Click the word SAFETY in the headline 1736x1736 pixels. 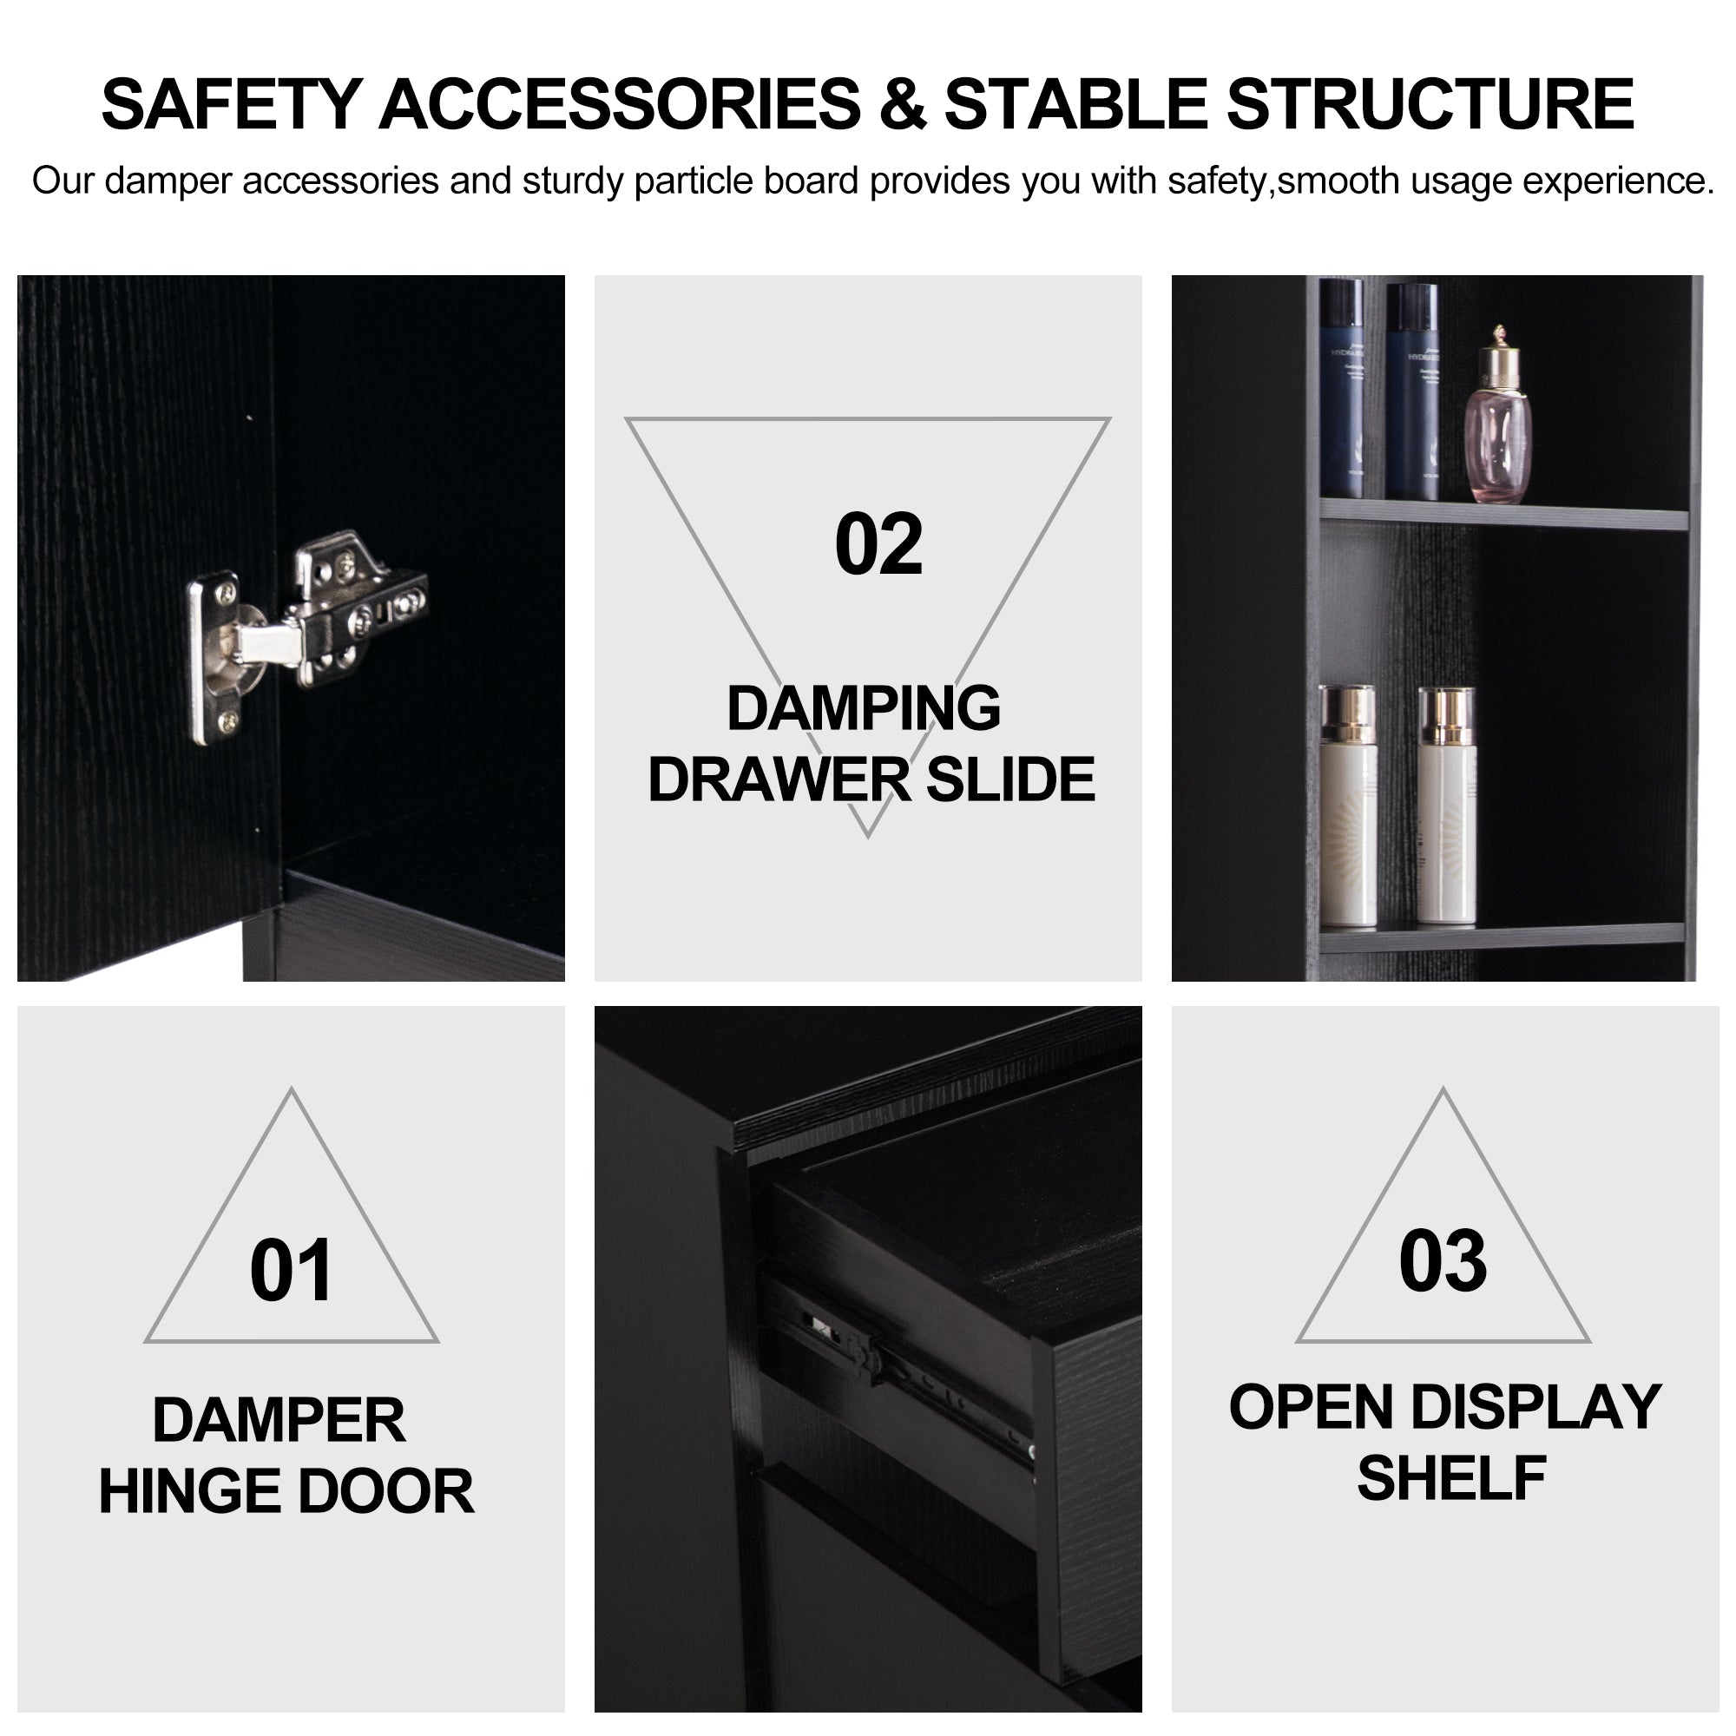point(232,104)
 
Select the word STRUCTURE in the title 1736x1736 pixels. point(1430,104)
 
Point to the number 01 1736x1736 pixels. point(292,1271)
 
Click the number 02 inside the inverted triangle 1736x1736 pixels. point(878,544)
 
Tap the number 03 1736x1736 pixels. point(1442,1261)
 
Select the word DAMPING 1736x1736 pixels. point(864,708)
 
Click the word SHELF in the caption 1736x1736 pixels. point(1451,1478)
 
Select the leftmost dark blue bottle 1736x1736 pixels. point(1341,388)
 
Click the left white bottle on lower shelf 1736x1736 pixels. point(1347,806)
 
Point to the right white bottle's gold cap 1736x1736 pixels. point(1447,716)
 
